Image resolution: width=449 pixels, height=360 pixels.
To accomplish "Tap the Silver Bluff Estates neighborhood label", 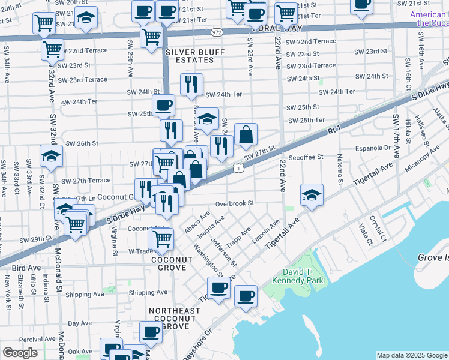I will tap(195, 56).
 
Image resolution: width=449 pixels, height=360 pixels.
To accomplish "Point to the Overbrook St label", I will tap(235, 203).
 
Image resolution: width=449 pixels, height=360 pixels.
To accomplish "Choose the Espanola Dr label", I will tap(373, 147).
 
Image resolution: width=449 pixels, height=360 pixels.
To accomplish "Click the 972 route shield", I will tap(217, 32).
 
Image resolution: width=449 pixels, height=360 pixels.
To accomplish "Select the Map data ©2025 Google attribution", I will tap(412, 355).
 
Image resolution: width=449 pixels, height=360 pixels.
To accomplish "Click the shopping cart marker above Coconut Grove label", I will tap(162, 239).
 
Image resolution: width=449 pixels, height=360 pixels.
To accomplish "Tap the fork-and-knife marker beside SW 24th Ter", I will tap(191, 83).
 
